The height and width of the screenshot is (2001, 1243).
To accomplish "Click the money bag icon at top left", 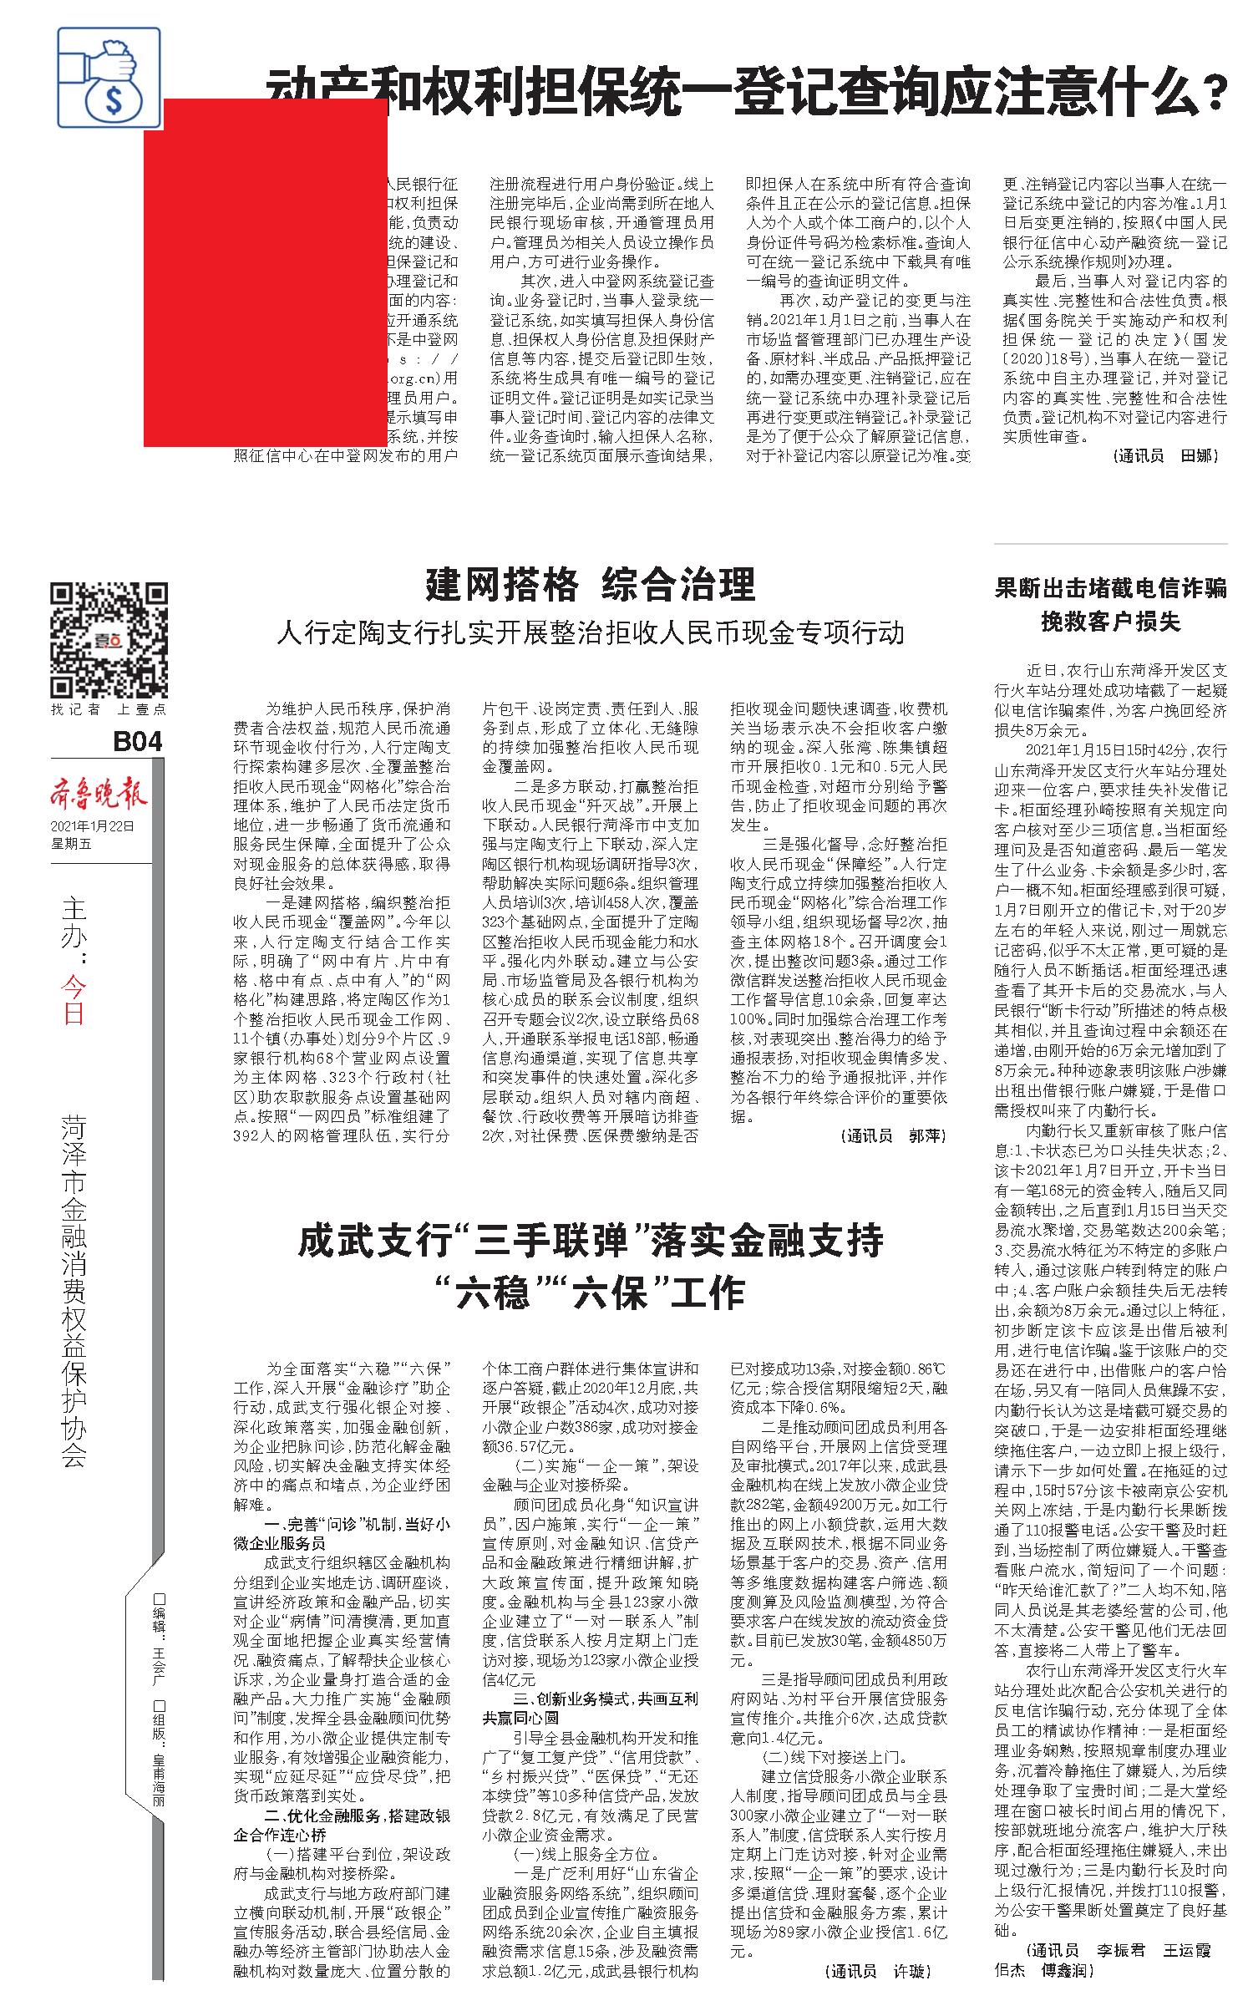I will point(109,77).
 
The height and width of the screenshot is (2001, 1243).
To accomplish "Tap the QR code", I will point(109,639).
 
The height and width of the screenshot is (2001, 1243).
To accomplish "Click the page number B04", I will point(136,741).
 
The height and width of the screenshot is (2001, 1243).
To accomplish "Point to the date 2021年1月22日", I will point(92,826).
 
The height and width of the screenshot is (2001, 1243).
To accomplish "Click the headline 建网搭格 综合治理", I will point(591,585).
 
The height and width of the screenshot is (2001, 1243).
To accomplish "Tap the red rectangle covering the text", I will point(266,272).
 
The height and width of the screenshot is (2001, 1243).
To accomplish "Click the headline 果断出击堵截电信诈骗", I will point(1110,588).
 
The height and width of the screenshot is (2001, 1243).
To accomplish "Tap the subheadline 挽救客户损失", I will point(1110,622).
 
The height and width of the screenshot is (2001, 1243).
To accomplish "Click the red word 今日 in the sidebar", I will point(74,1000).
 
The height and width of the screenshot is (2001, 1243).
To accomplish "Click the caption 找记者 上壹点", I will point(109,709).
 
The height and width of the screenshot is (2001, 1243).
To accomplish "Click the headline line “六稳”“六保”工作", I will point(591,1294).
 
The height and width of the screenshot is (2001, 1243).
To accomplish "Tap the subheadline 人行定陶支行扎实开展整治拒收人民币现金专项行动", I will point(591,632).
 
